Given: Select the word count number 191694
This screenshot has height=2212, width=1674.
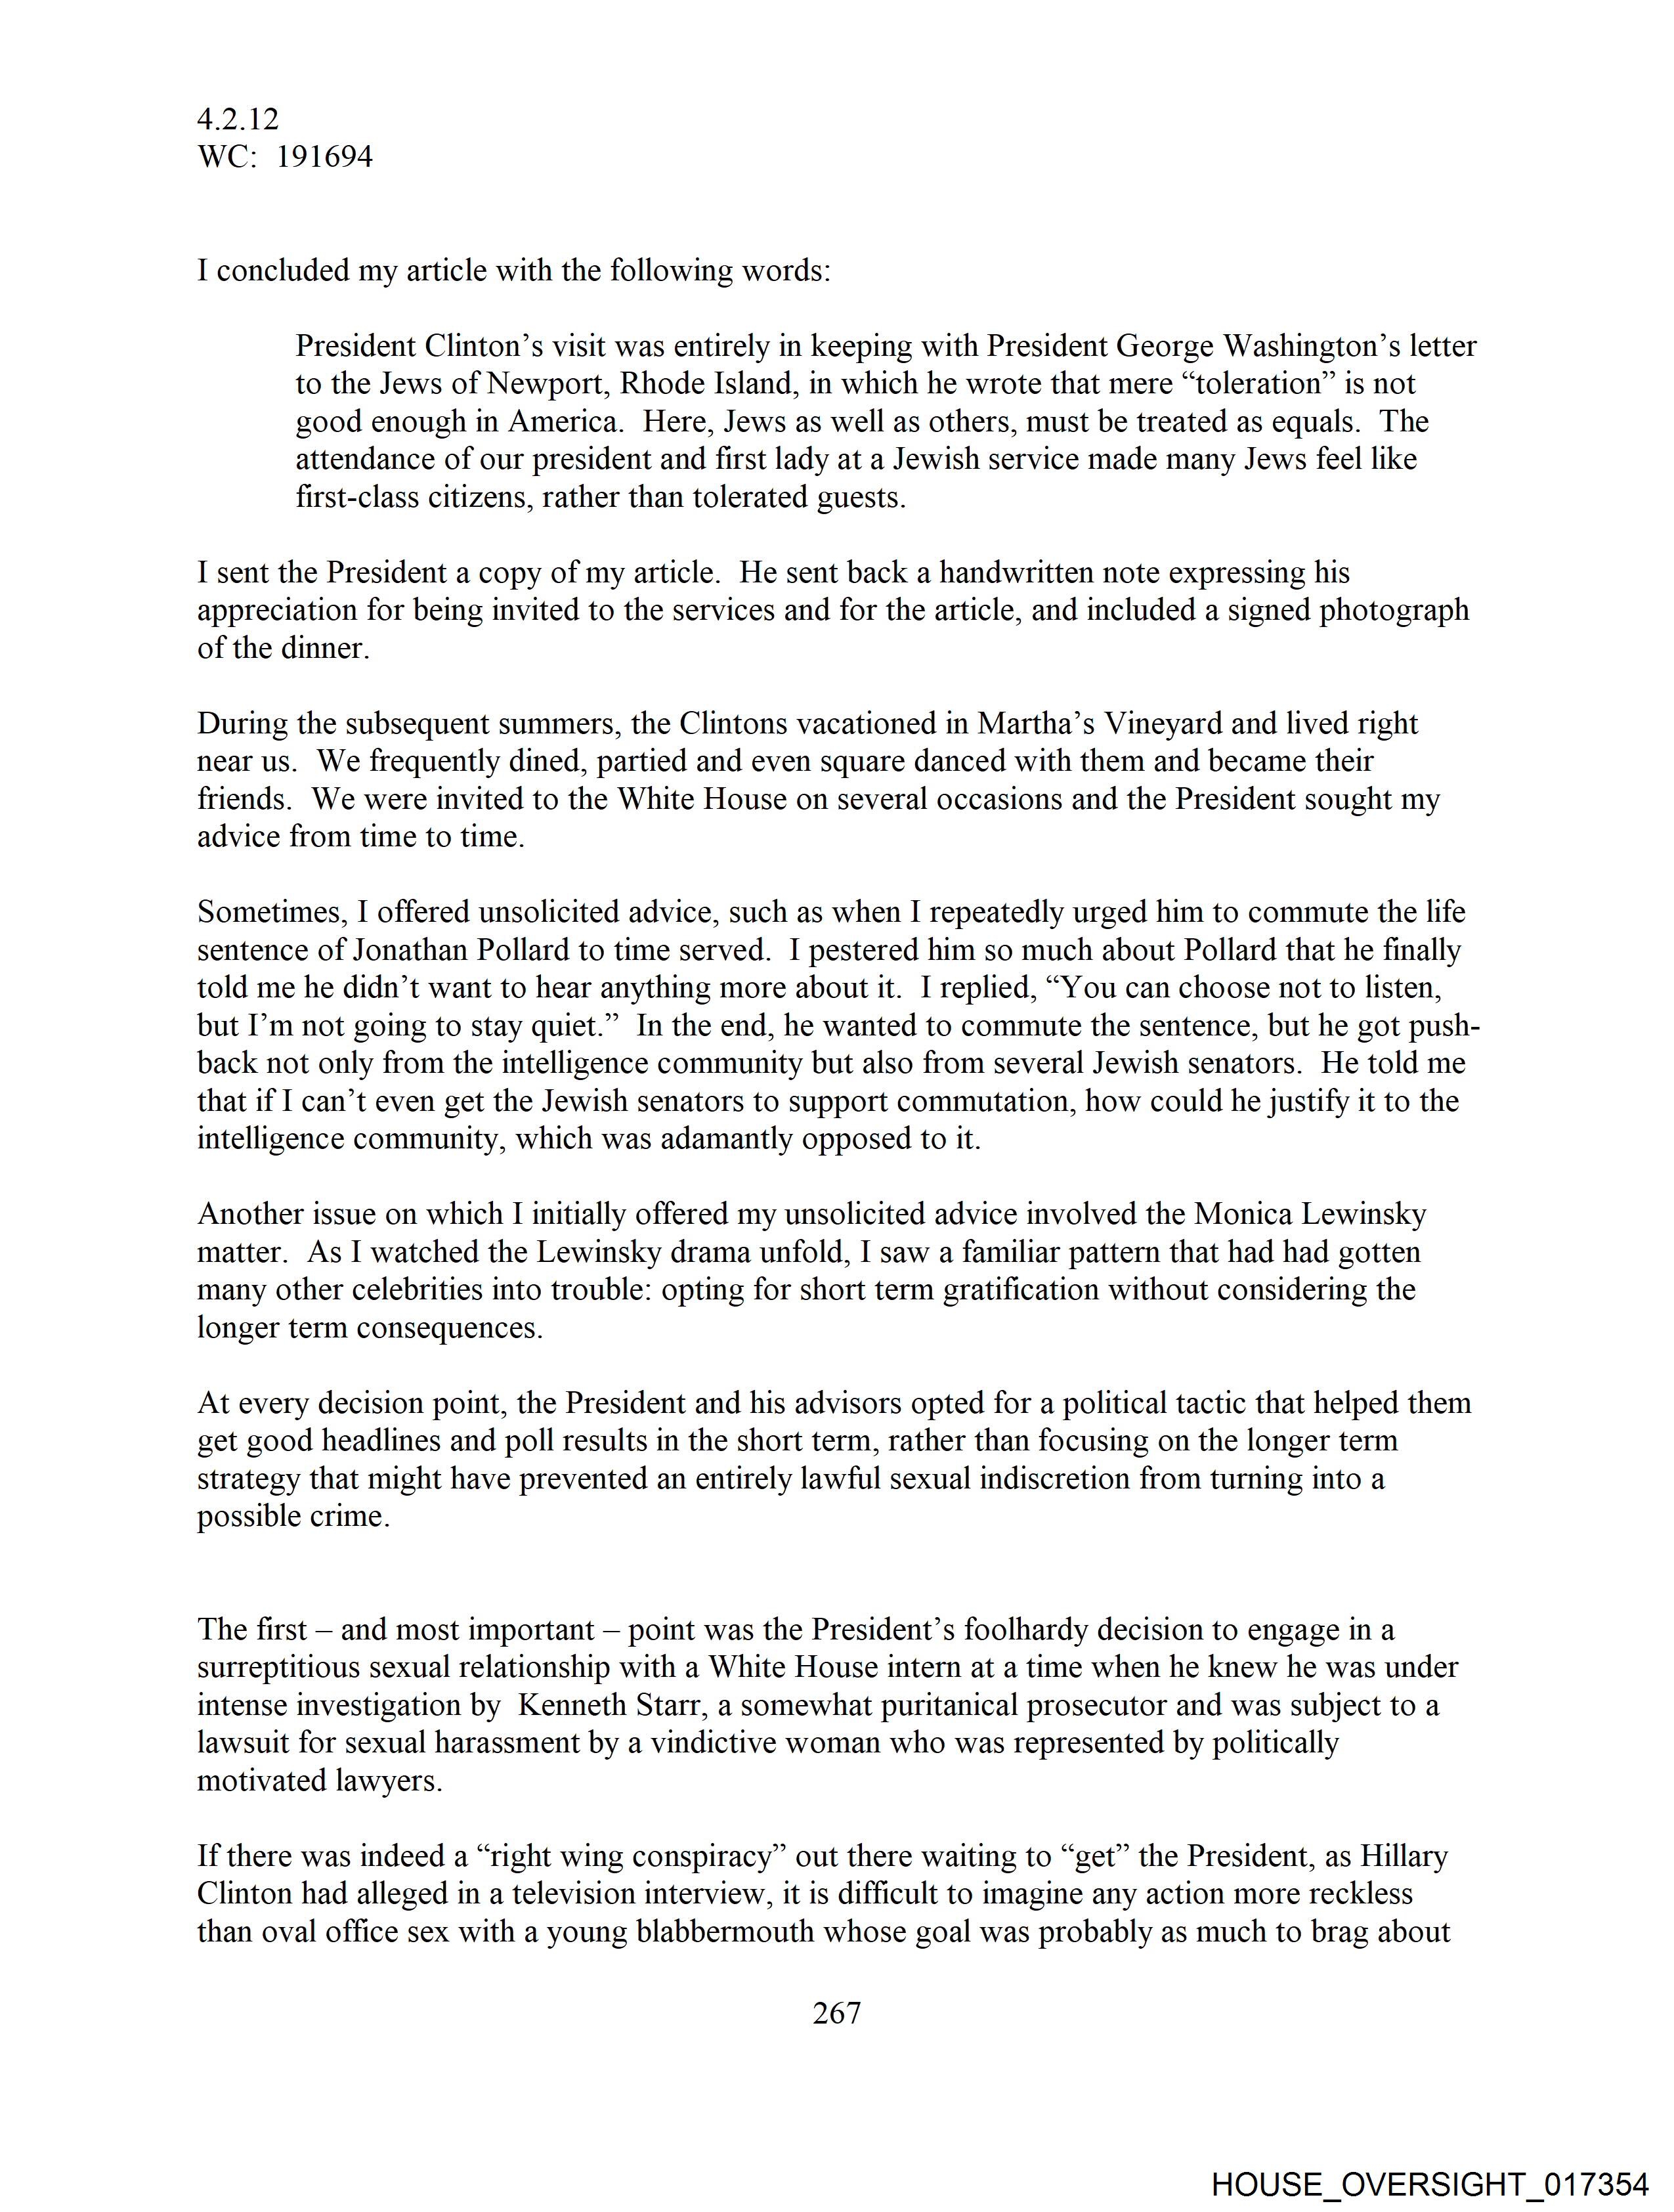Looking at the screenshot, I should point(324,157).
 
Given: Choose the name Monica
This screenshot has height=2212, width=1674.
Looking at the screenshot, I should point(1244,1214).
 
